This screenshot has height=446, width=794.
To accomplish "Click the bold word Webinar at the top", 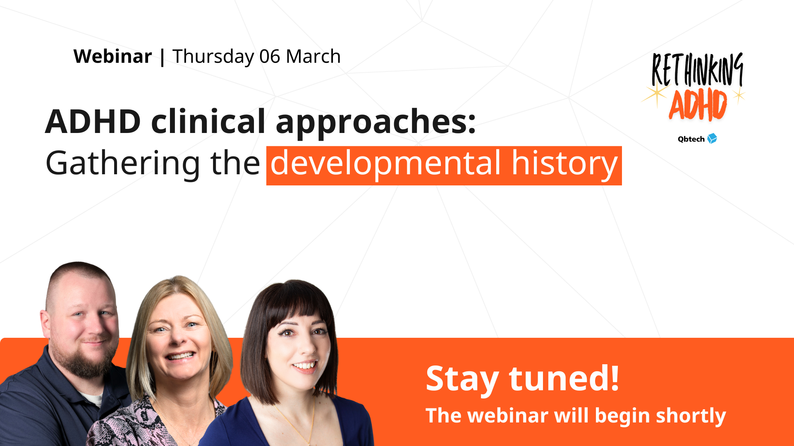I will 112,57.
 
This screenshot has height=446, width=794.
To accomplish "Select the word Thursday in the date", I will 213,57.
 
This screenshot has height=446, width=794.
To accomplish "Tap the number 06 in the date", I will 270,57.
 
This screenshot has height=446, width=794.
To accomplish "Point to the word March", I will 313,57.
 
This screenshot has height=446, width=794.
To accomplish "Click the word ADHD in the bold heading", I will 93,122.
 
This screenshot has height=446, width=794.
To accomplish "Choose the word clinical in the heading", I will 208,122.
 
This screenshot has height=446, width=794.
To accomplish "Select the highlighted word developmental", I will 386,164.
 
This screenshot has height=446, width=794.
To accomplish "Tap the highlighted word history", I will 564,164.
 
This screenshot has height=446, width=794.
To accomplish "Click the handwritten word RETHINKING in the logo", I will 697,69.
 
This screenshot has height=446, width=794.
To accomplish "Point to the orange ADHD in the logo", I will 698,105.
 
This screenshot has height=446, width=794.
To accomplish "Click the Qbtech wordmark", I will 691,139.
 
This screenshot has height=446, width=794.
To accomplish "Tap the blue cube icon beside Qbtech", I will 712,139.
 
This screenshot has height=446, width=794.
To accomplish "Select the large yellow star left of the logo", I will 656,94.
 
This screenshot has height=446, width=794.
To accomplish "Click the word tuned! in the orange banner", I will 564,378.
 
